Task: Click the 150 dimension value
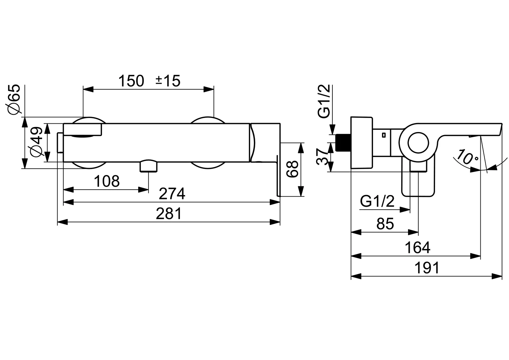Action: click(x=132, y=81)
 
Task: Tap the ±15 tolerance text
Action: click(x=168, y=81)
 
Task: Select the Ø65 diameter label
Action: click(x=15, y=100)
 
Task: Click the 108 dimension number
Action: click(x=107, y=182)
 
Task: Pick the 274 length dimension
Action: click(x=172, y=194)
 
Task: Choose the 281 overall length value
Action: click(x=169, y=214)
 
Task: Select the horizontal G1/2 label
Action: click(x=377, y=202)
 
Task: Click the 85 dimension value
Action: click(x=385, y=224)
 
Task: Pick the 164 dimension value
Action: click(x=417, y=248)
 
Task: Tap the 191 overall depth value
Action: click(x=427, y=268)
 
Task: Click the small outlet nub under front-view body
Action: click(x=149, y=166)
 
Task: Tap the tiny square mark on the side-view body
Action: click(x=384, y=135)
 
